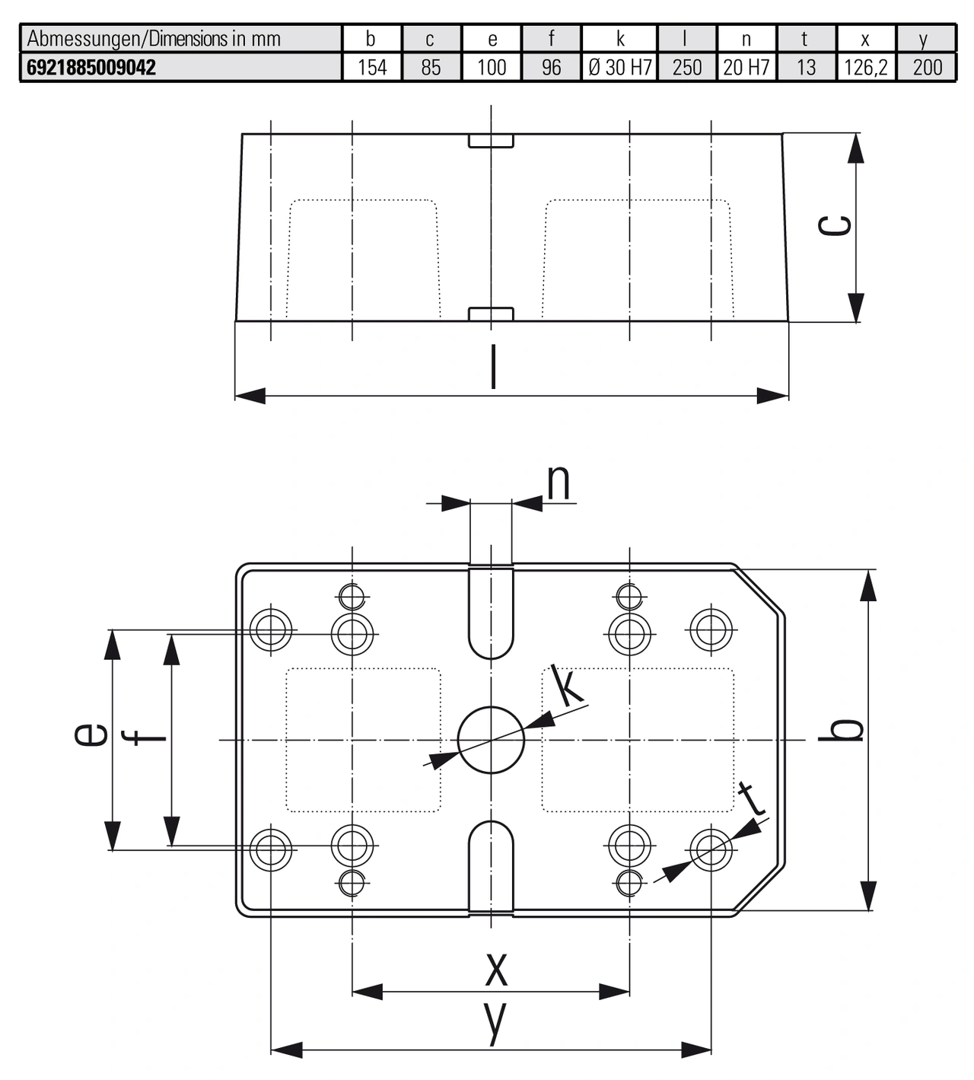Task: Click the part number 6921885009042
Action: point(91,67)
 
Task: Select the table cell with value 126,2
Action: point(865,67)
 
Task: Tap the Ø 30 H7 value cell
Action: point(620,67)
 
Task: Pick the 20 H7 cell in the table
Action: point(746,67)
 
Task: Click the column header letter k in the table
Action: point(620,39)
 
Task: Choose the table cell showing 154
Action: point(372,67)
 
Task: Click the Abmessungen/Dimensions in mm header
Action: point(154,39)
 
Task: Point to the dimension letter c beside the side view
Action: point(835,225)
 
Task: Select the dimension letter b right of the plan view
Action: point(847,729)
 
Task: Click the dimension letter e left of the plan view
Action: point(91,735)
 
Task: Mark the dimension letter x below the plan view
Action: point(495,969)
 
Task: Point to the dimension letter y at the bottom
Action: point(495,1023)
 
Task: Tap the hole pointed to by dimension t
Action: point(711,850)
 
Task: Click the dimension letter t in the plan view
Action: point(751,799)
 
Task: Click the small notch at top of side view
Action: point(491,141)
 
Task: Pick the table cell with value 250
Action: point(687,67)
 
